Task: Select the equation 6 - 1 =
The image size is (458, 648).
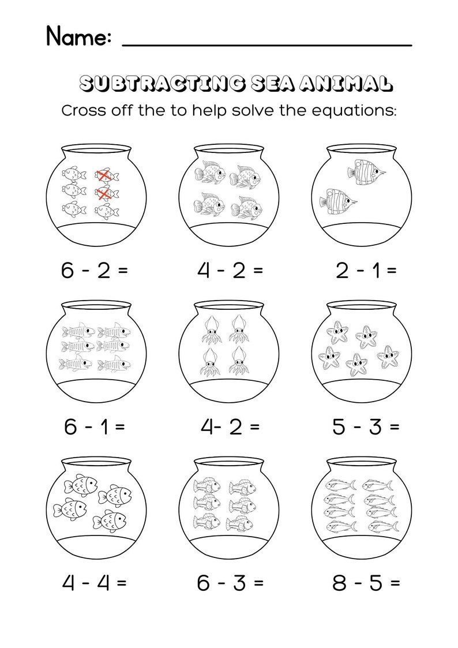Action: pos(94,427)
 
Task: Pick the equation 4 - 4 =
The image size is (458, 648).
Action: pos(94,582)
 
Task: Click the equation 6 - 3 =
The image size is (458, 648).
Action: pos(230,582)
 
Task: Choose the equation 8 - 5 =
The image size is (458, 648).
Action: pos(366,582)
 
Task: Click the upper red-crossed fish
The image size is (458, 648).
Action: pos(104,174)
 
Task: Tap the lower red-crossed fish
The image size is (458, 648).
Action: pos(104,195)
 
